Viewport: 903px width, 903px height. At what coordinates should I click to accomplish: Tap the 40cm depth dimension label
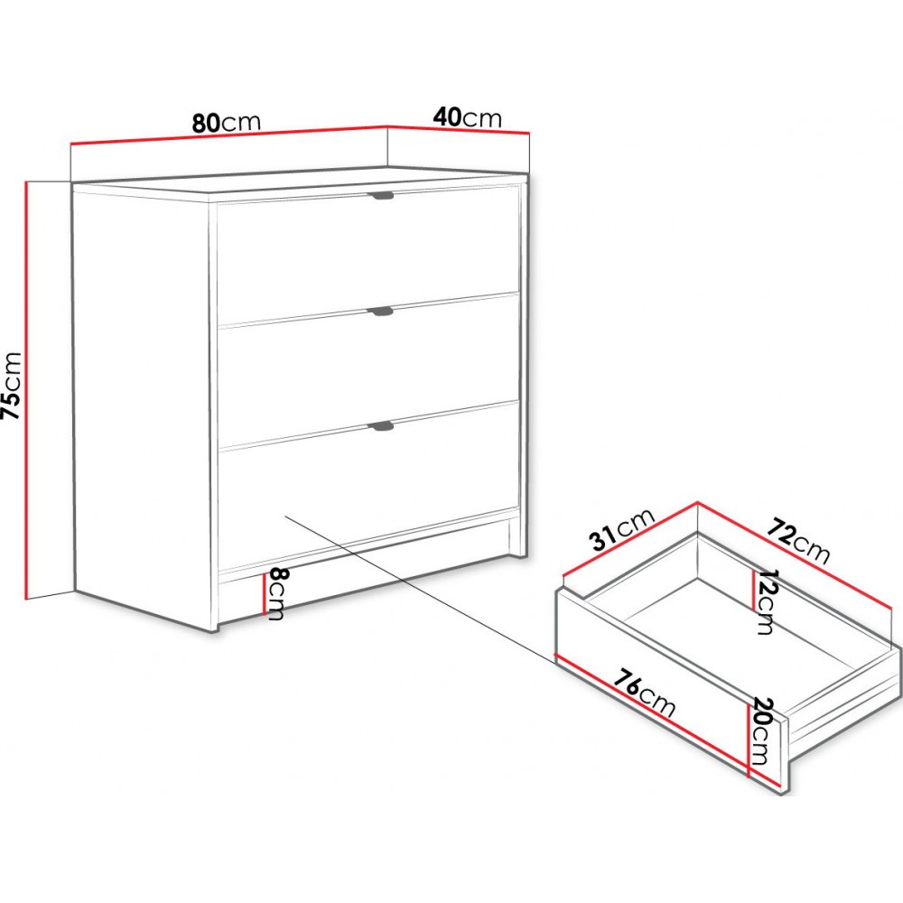(467, 117)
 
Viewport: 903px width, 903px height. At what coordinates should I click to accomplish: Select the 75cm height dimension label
(12, 386)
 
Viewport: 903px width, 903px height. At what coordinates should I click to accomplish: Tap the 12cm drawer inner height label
(766, 602)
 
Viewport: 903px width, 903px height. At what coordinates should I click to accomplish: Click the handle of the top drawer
(381, 196)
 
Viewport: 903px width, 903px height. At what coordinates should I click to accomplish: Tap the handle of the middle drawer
(381, 312)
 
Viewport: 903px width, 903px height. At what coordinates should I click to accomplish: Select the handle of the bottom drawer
(381, 425)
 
